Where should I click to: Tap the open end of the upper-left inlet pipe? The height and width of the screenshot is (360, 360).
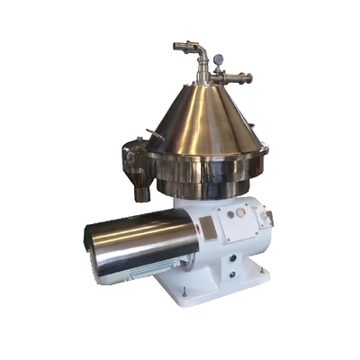tap(177, 45)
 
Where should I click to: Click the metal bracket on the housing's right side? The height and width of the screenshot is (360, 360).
tap(267, 217)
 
